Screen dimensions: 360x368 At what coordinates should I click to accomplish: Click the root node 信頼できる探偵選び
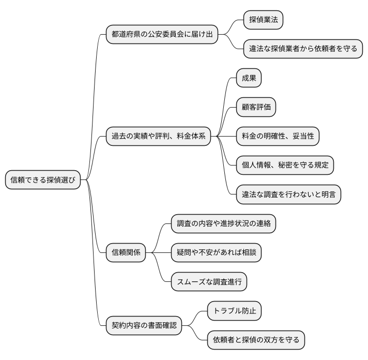click(x=43, y=180)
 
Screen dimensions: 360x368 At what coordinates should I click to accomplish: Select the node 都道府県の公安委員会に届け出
click(x=161, y=35)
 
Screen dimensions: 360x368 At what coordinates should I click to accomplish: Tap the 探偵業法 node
click(x=264, y=20)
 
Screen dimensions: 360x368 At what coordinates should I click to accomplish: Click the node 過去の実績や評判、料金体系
click(x=159, y=137)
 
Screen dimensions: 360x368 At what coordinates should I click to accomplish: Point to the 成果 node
click(x=249, y=78)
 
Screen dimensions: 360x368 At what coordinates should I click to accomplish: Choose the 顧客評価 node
click(x=255, y=107)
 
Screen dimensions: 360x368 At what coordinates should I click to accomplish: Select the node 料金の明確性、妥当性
click(x=278, y=136)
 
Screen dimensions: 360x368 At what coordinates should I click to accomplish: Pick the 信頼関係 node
click(x=126, y=253)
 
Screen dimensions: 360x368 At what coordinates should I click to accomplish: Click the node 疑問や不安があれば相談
click(x=217, y=253)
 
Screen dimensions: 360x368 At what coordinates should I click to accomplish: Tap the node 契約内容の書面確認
click(x=144, y=325)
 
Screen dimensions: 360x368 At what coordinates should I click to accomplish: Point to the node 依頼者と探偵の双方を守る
click(x=256, y=340)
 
